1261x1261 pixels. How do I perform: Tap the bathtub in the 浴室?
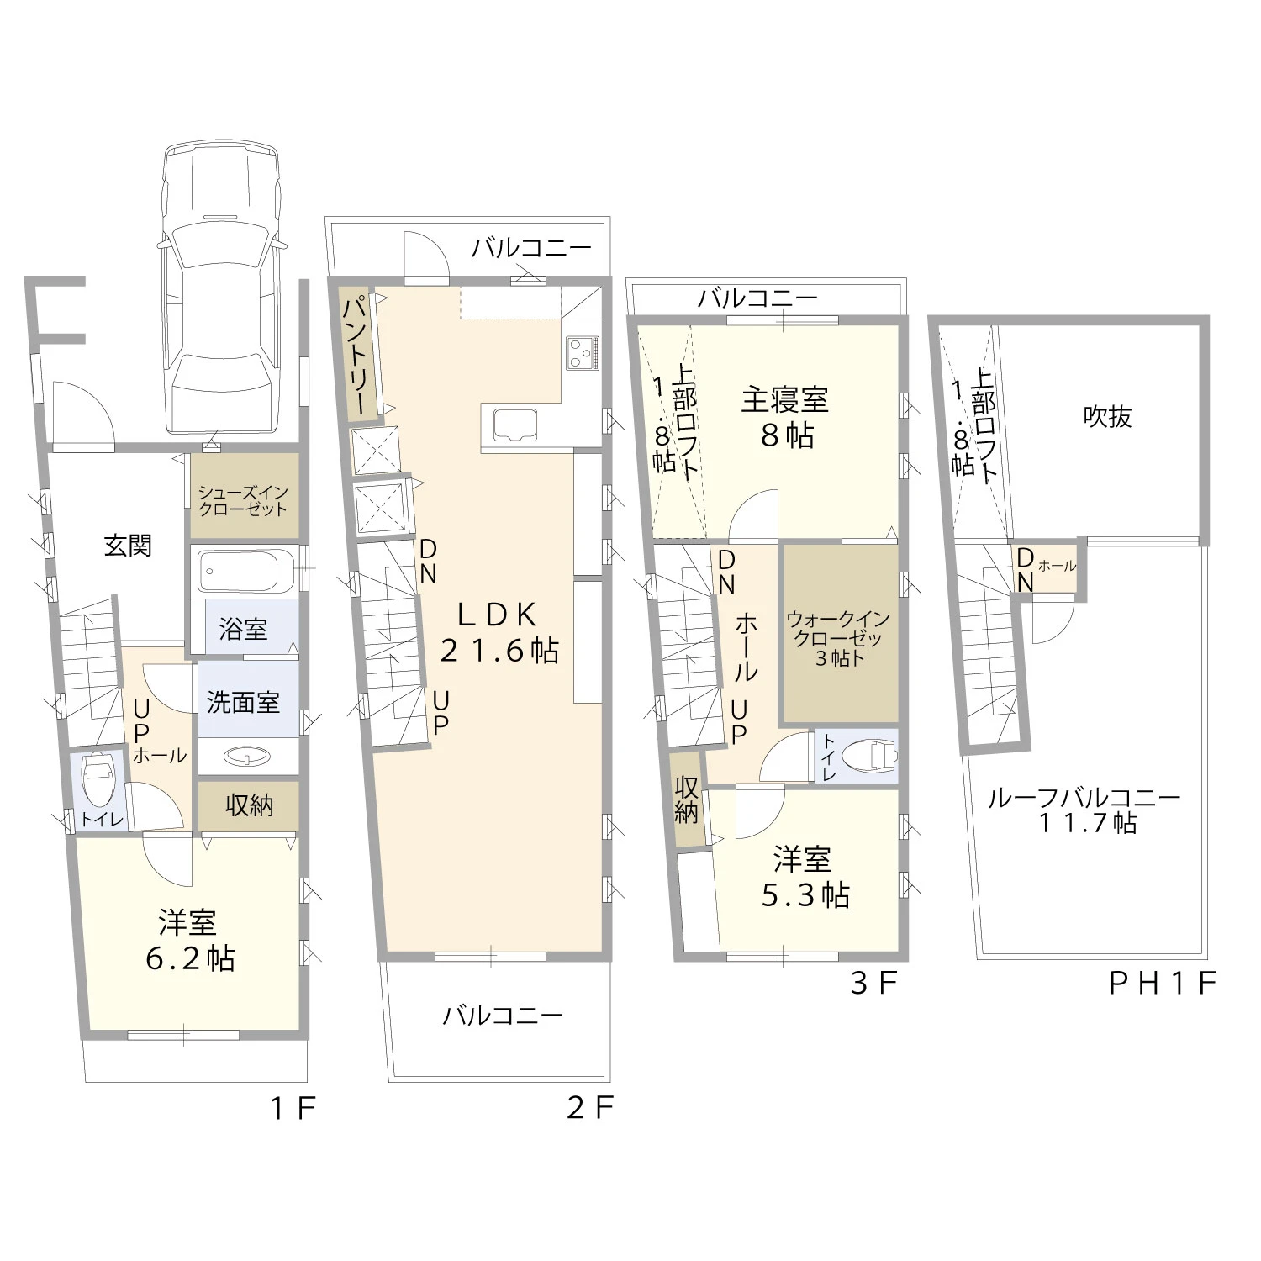(244, 572)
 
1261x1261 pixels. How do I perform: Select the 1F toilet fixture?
(98, 777)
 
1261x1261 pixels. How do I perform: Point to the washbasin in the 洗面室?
(249, 757)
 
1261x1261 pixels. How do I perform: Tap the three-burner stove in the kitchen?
(583, 352)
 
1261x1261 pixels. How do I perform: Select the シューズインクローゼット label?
(243, 500)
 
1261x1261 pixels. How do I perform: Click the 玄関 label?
(128, 546)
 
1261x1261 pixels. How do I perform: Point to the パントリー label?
(356, 354)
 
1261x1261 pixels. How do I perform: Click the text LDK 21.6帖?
(499, 632)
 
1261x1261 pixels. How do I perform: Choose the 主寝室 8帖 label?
(785, 417)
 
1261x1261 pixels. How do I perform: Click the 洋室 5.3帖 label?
(805, 878)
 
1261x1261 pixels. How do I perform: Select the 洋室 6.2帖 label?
(190, 941)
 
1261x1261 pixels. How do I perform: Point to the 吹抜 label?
(1107, 416)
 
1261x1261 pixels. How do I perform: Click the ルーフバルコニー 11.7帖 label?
(1084, 810)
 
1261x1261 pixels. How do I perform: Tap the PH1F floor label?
(1163, 983)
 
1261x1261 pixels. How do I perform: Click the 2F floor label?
(590, 1107)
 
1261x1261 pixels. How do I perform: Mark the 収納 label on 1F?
(249, 805)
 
